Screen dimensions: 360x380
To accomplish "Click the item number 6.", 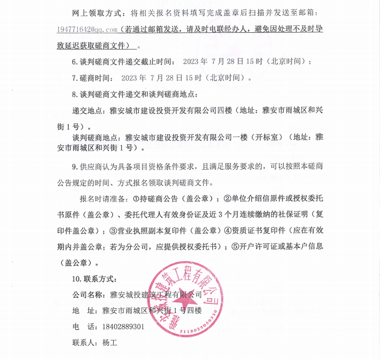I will (x=74, y=62).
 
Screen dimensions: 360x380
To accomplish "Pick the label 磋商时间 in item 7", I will (x=95, y=78).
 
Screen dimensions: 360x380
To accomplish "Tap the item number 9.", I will (x=74, y=167).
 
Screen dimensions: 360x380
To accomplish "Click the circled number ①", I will (x=136, y=199).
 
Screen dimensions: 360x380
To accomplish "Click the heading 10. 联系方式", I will (x=95, y=279).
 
